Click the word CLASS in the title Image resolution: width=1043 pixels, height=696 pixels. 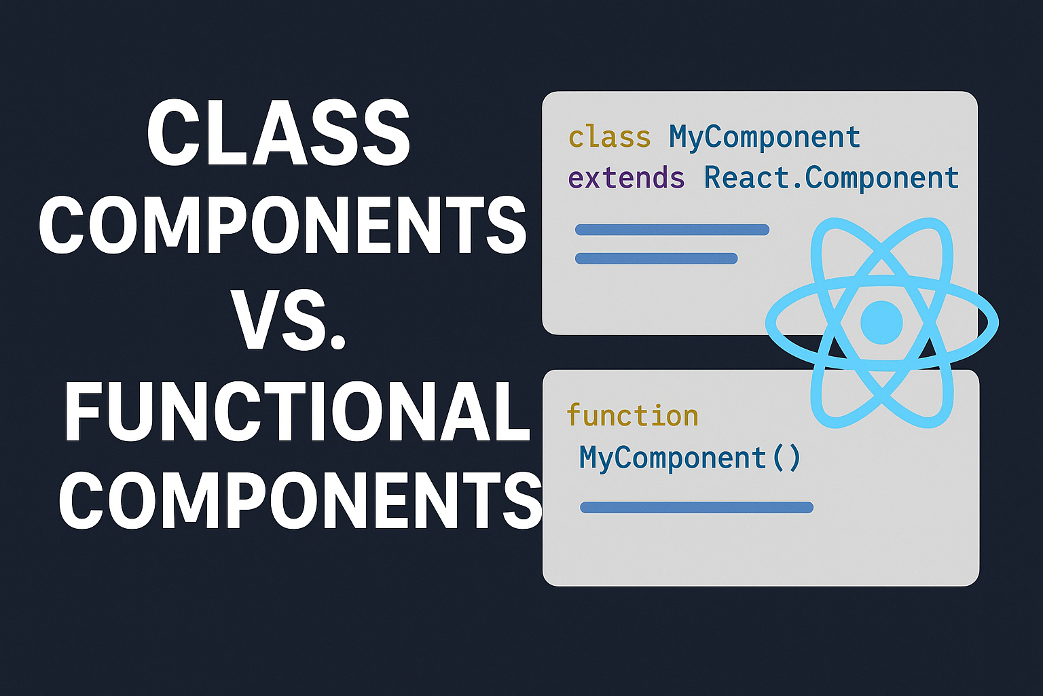278,134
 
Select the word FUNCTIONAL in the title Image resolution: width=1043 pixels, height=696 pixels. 297,412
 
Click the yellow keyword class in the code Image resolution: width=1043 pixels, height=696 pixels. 609,137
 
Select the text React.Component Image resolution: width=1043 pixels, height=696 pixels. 831,178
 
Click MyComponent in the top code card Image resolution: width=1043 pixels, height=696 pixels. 765,137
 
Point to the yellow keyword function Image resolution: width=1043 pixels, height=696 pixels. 632,415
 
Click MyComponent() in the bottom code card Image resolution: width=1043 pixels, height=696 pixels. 690,457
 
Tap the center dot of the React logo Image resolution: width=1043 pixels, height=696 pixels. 881,322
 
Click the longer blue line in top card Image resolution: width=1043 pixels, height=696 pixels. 672,230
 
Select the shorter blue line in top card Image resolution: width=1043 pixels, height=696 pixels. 656,258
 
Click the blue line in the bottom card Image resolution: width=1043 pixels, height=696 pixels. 697,507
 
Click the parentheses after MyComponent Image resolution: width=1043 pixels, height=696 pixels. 787,457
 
